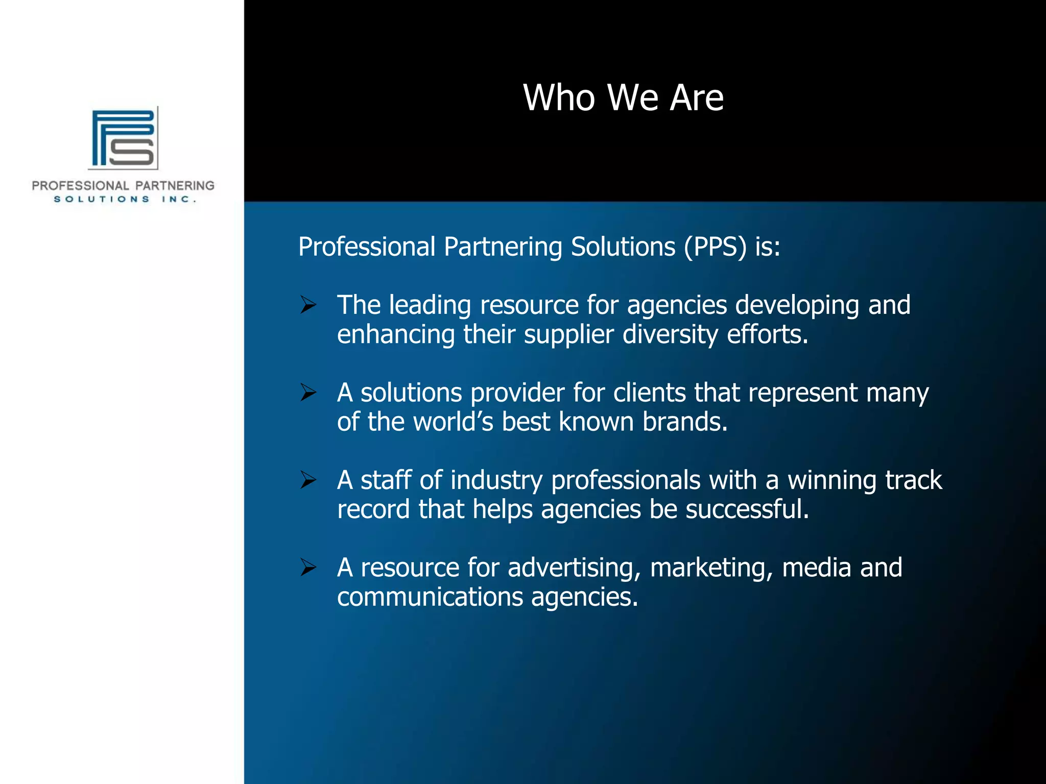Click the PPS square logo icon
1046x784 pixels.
click(x=123, y=138)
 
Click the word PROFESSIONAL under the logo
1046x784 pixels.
click(x=80, y=186)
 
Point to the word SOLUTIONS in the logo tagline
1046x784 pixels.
click(x=102, y=199)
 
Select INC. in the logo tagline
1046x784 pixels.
click(x=179, y=199)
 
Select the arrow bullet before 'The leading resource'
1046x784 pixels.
click(x=308, y=305)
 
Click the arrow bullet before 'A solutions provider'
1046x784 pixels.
click(x=308, y=393)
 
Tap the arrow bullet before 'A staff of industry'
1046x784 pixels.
click(x=308, y=480)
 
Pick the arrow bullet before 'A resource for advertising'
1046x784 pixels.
click(x=308, y=568)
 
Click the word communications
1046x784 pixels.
click(x=430, y=597)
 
